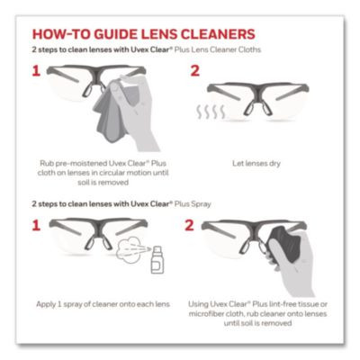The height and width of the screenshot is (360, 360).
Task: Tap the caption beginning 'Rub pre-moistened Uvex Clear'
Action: coord(99,172)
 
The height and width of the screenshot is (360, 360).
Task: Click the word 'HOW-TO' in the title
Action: coord(66,33)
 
